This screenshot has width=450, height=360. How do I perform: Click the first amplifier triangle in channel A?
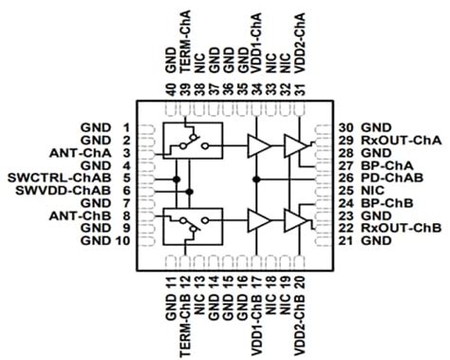coord(256,145)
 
